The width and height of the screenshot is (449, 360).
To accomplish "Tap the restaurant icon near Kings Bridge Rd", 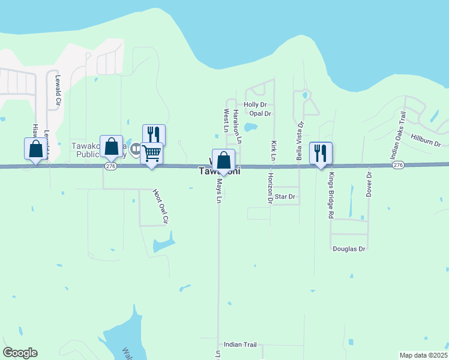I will click(320, 153).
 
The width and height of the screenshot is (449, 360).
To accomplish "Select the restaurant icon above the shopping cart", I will click(154, 134).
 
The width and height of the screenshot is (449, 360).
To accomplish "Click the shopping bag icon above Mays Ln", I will click(223, 160).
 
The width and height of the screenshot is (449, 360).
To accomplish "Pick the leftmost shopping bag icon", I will click(35, 148).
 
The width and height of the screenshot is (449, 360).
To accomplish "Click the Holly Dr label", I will click(255, 104).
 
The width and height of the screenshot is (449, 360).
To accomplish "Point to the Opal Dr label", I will click(261, 113).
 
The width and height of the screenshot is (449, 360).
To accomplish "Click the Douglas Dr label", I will click(349, 248).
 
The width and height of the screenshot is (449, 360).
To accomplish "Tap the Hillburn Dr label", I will click(426, 141).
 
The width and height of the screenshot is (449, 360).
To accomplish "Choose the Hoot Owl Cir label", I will click(158, 207).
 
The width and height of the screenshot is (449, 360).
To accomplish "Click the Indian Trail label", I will click(240, 344).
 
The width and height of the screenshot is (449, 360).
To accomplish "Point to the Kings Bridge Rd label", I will click(331, 196).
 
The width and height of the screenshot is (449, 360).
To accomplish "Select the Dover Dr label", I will click(369, 184).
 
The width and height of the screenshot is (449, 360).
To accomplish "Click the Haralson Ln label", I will click(238, 126).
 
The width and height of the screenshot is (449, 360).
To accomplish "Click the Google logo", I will click(20, 353).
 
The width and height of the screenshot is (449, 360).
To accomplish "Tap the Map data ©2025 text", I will click(423, 355).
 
